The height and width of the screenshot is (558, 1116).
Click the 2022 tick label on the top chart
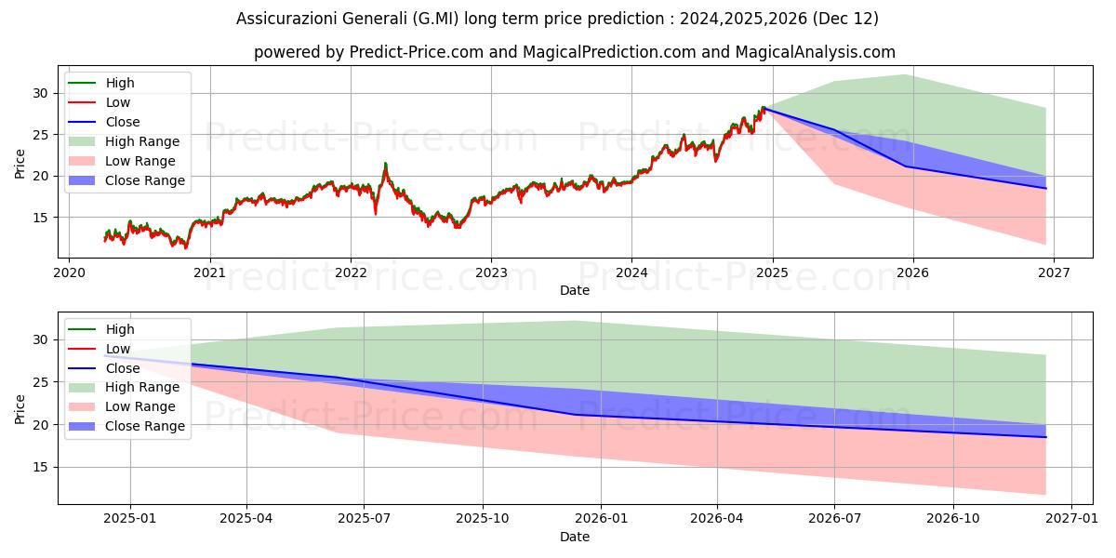pyautogui.click(x=351, y=272)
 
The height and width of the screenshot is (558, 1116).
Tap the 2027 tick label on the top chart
pyautogui.click(x=1054, y=272)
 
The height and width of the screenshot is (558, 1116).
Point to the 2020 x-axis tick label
pyautogui.click(x=69, y=272)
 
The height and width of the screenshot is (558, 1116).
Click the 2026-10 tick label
pyautogui.click(x=954, y=519)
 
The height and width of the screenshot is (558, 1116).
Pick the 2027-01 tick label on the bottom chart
pyautogui.click(x=1072, y=519)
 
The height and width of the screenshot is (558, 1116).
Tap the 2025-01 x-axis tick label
pyautogui.click(x=130, y=519)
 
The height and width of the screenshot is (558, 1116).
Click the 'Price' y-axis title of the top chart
pyautogui.click(x=20, y=163)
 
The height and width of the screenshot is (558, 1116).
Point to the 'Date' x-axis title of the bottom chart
pyautogui.click(x=574, y=537)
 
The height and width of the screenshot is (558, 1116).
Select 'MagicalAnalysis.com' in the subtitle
pyautogui.click(x=815, y=52)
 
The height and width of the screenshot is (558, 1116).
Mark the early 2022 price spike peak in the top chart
pyautogui.click(x=385, y=164)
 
